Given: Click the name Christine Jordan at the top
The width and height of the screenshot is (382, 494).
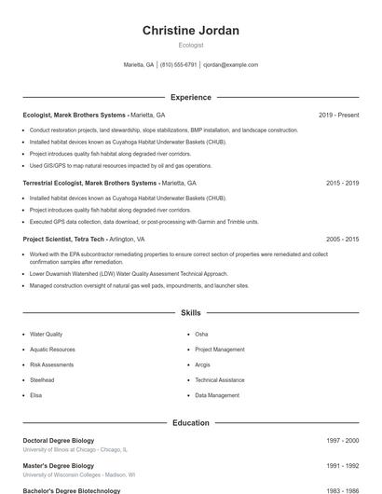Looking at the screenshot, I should (190, 31).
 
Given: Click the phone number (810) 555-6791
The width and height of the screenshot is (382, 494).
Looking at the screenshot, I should (178, 65).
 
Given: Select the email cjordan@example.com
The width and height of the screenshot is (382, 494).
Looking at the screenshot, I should (230, 65).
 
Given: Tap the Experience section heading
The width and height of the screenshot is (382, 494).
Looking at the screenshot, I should (190, 97).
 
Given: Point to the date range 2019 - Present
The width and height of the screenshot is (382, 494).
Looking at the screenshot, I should (338, 115).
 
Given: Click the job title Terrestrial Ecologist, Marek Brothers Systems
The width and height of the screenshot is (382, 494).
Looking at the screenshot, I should (89, 183).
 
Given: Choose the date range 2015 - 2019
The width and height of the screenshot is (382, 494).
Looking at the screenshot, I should (342, 183).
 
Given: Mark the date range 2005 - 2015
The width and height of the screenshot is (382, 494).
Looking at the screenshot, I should (342, 239).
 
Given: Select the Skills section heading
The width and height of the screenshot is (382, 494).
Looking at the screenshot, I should (190, 312).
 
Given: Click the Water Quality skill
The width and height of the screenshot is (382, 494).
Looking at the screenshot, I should (47, 334).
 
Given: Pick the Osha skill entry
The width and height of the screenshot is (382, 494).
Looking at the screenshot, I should (201, 334).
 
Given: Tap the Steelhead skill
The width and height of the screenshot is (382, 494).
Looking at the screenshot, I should (42, 380).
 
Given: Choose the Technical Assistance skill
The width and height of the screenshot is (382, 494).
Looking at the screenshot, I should (220, 380).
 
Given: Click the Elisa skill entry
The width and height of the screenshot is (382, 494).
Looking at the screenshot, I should (35, 395).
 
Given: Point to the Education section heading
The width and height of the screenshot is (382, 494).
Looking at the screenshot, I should (190, 422).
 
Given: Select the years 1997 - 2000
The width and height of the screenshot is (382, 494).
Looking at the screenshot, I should (342, 440).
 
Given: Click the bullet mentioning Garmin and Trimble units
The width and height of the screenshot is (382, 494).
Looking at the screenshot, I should (143, 222).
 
